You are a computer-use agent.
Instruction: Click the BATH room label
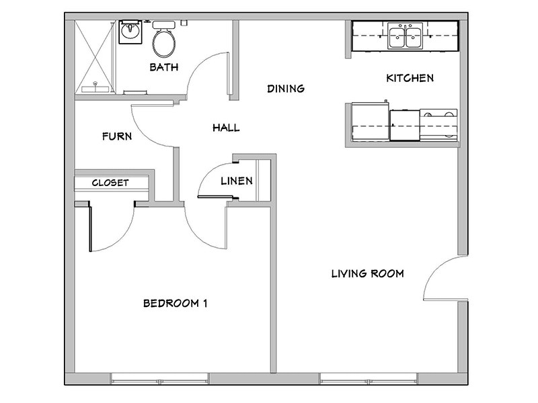tap(164, 66)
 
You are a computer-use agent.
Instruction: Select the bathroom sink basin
tap(130, 32)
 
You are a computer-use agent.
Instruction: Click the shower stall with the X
tap(95, 56)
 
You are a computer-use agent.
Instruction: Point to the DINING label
tap(286, 89)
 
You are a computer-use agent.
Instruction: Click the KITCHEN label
tap(410, 78)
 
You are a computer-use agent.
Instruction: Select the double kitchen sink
tap(406, 36)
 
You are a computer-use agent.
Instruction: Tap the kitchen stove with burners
tap(438, 125)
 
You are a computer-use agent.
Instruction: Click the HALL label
tap(226, 128)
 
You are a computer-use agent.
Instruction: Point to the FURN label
tap(117, 136)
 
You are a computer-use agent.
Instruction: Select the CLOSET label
tap(110, 183)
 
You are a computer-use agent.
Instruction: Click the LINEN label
tap(237, 181)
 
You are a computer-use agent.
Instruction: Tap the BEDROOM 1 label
tap(175, 304)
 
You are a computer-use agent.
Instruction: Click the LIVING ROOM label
tap(367, 273)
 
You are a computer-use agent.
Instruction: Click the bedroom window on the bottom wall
tap(160, 379)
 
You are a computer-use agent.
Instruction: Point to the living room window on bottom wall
tap(369, 379)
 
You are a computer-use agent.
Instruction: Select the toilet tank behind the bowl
tap(163, 25)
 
